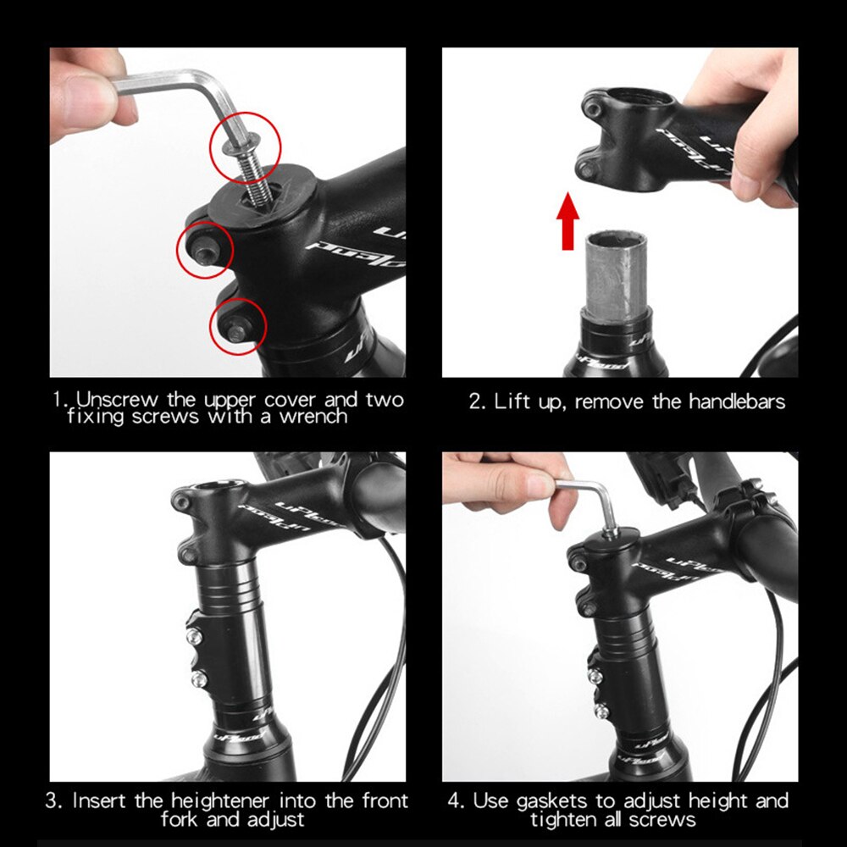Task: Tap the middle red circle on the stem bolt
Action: point(204,248)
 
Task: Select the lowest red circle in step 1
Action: point(238,324)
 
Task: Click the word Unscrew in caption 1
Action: point(110,400)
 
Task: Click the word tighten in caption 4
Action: point(570,819)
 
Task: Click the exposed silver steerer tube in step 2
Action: point(615,274)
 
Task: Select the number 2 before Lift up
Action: point(475,401)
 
